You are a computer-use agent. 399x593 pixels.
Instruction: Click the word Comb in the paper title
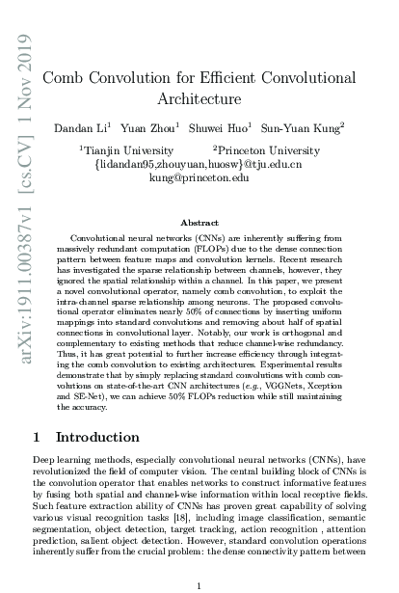click(x=69, y=78)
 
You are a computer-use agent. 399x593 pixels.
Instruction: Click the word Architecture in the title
click(x=199, y=98)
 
